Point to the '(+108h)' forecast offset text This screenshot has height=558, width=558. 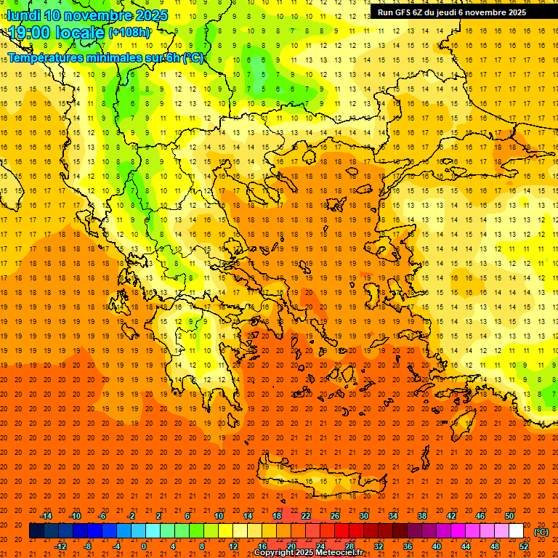coord(129,33)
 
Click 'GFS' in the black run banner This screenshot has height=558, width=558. coord(403,12)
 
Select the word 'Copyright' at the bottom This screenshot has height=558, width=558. coord(275,553)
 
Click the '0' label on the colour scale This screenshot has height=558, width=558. coord(144,546)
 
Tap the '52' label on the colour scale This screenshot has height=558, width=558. coord(524,546)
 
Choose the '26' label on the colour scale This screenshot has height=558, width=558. coord(335,516)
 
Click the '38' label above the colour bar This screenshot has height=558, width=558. coord(422,516)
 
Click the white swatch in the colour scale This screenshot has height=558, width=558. coord(517,531)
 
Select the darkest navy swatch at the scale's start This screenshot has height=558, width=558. coord(36,531)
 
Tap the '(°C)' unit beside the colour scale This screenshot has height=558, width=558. coord(541,532)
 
